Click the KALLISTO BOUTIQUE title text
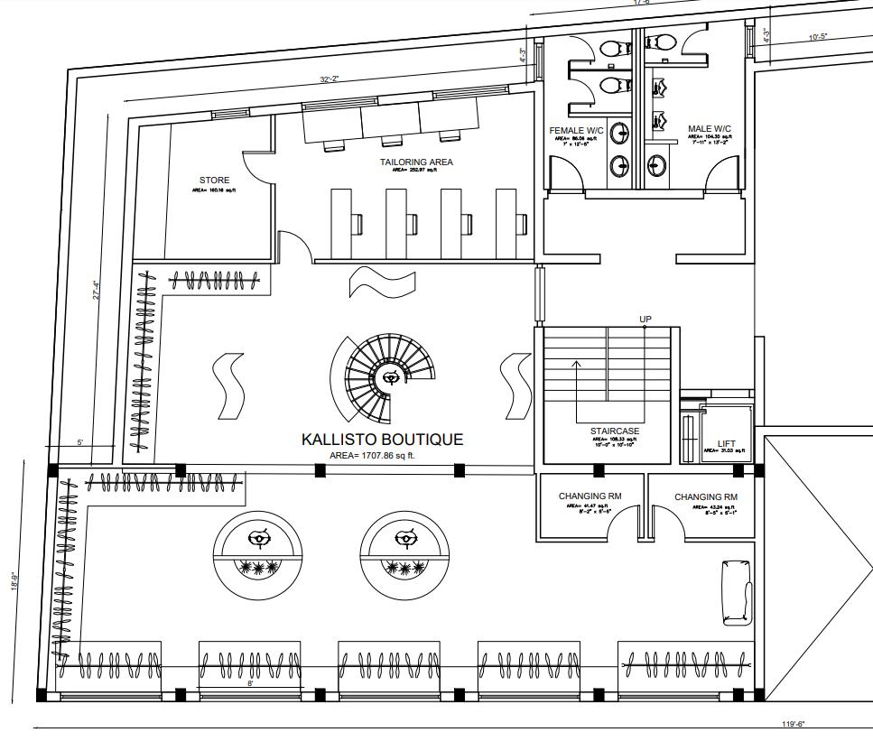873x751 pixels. (x=382, y=440)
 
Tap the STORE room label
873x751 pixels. (x=214, y=181)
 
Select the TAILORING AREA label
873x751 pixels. (x=416, y=162)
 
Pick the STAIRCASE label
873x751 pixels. (x=615, y=431)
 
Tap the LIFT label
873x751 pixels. (x=727, y=443)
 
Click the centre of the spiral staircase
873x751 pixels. (x=391, y=377)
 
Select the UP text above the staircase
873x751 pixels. (x=645, y=320)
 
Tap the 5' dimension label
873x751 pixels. (x=80, y=442)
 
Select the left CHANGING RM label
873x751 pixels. (x=590, y=496)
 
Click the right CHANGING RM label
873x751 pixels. (x=706, y=497)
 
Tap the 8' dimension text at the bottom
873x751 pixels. (x=250, y=684)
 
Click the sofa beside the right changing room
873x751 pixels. (x=737, y=592)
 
